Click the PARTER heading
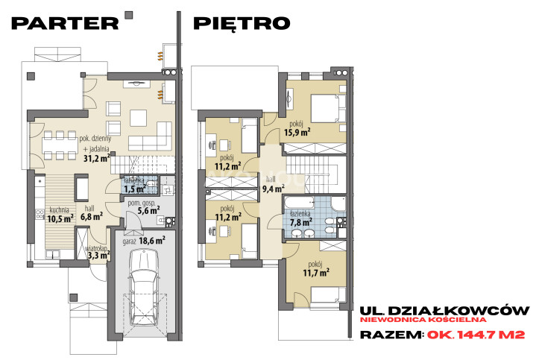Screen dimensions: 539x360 [x=65, y=23]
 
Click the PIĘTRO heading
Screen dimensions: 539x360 [x=242, y=23]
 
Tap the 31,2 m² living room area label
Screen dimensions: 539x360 [x=97, y=158]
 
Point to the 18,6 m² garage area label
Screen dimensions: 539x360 [x=152, y=241]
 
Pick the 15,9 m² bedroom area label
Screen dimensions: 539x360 [x=297, y=132]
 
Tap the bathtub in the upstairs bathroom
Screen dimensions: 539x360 [x=299, y=203]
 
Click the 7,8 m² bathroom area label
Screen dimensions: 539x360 [x=300, y=222]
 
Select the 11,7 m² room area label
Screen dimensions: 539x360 [x=316, y=273]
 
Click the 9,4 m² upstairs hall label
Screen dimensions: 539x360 [x=274, y=189]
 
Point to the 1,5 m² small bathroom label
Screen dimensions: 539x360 [x=135, y=189]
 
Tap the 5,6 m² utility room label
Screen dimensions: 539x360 [x=148, y=210]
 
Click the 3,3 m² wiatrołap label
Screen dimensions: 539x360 [x=99, y=255]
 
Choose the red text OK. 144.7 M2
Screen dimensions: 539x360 [x=476, y=335]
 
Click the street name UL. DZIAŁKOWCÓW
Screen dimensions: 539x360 [x=444, y=311]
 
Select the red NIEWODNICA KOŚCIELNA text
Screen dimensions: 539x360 [x=423, y=320]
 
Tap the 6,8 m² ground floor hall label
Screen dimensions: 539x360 [x=92, y=217]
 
